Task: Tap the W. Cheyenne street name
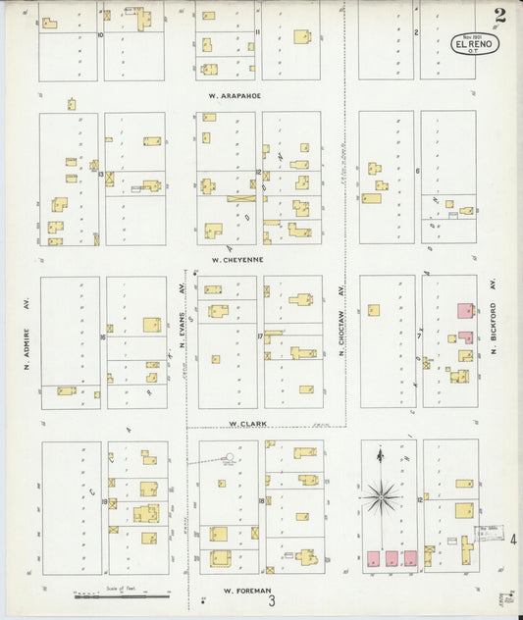pos(237,260)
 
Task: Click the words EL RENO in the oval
pos(475,44)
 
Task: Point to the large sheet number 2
pos(500,15)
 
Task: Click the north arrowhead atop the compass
pos(380,453)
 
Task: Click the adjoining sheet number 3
pos(258,600)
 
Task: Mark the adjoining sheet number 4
pos(513,538)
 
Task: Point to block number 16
pos(102,337)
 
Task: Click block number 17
pos(260,337)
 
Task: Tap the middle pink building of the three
pos(392,558)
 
